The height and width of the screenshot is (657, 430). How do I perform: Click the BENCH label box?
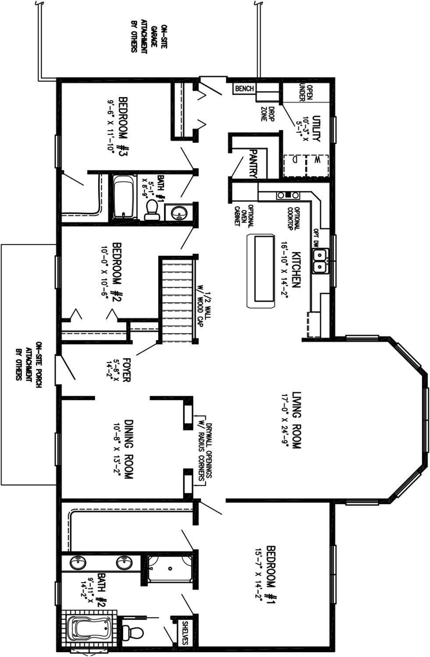click(x=244, y=88)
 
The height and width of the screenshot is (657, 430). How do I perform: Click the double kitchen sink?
click(x=320, y=261)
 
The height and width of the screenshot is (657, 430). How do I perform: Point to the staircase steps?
click(x=178, y=299)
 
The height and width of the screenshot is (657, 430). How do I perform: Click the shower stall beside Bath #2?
click(x=170, y=569)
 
